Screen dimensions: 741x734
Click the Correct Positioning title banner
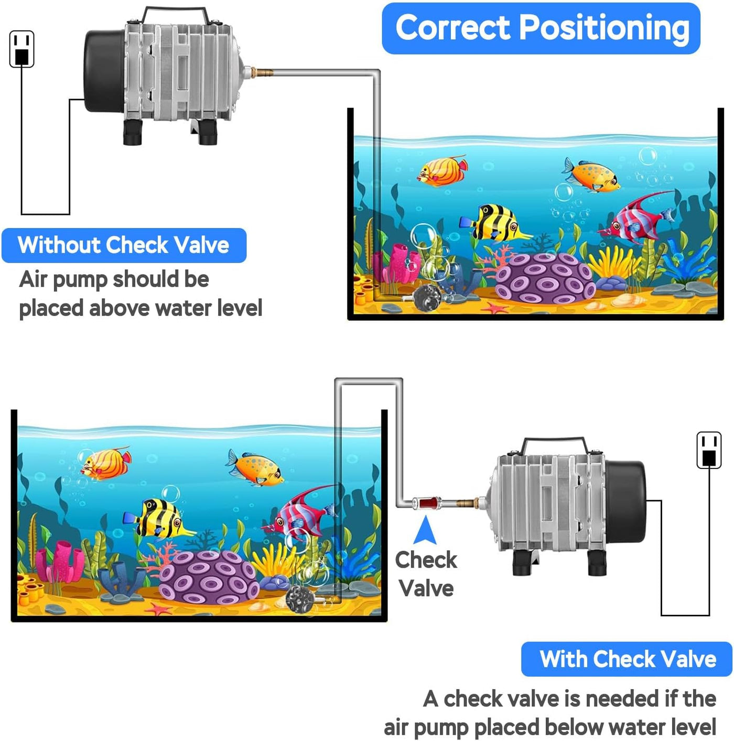tap(541, 28)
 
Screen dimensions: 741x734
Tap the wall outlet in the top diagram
tap(22, 49)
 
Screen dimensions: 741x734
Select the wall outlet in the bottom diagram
tap(709, 450)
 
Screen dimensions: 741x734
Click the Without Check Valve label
tap(124, 245)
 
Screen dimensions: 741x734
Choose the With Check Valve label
tap(627, 659)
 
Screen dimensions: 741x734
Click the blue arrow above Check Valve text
tap(425, 530)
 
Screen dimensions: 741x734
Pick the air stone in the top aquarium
tap(428, 298)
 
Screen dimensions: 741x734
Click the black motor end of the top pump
tap(103, 71)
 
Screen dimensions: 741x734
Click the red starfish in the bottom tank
tap(158, 609)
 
